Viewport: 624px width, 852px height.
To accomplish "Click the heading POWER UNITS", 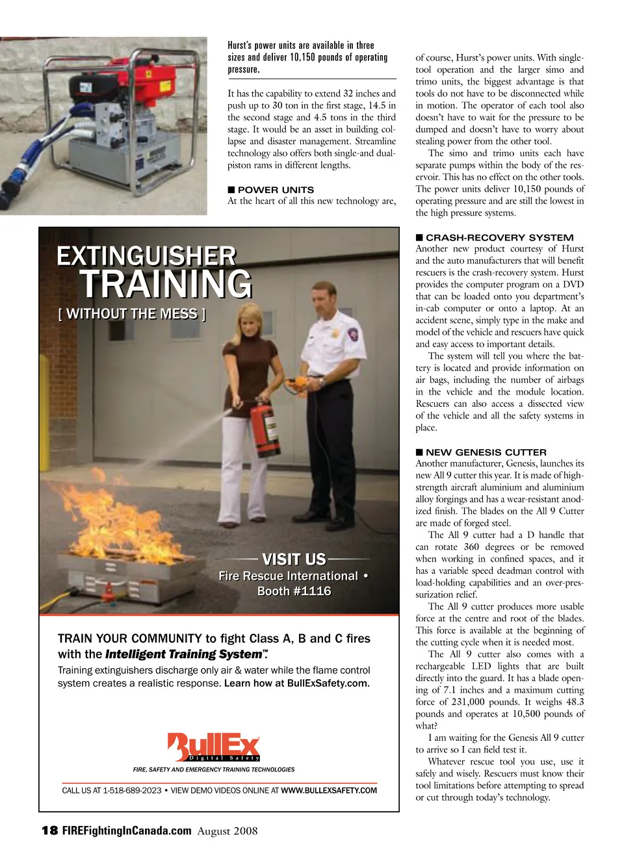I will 276,190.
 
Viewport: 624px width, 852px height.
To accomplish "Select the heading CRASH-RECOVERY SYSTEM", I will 499,237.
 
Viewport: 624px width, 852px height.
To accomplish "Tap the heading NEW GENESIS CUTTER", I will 486,452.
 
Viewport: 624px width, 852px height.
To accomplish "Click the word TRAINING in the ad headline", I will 166,285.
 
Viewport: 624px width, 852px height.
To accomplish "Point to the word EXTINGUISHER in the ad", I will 146,256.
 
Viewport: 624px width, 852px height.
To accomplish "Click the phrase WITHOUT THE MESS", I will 132,314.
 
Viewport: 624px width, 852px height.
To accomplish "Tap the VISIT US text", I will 294,560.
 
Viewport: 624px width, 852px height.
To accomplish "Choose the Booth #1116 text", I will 294,591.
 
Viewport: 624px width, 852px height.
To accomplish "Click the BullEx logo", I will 214,747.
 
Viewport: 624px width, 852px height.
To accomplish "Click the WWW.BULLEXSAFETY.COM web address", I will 328,791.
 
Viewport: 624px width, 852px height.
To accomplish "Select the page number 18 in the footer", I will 49,831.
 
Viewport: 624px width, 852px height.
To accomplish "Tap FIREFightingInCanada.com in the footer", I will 127,831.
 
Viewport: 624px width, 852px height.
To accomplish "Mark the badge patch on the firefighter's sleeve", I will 353,335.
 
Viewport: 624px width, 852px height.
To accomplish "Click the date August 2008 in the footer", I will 227,831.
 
